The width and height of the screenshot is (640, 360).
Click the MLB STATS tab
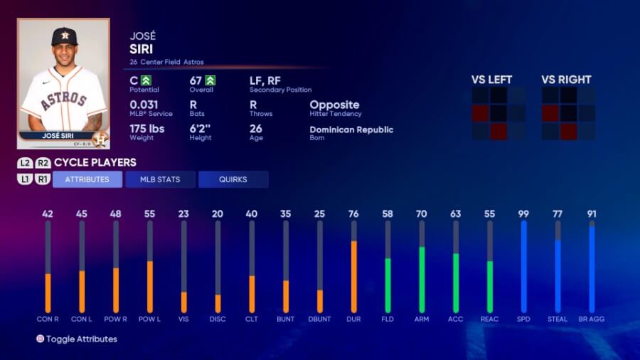161,179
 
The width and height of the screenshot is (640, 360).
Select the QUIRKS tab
233,179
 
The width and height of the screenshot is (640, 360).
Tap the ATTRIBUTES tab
87,179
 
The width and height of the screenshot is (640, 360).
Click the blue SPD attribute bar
523,267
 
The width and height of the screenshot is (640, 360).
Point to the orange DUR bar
353,277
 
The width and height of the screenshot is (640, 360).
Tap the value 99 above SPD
523,213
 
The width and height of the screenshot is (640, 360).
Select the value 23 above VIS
184,213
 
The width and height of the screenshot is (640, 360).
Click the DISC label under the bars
218,319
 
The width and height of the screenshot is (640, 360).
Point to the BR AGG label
592,319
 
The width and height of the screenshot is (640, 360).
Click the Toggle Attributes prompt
81,339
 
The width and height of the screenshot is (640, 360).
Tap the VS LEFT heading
491,80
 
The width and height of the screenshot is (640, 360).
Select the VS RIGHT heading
566,80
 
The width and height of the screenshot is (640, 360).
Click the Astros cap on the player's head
64,36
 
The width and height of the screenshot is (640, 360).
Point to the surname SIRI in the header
142,49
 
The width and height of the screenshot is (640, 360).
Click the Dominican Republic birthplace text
351,129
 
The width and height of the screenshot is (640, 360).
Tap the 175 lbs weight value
147,129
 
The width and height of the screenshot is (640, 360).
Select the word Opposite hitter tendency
334,105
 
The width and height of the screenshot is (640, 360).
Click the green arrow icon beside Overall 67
210,80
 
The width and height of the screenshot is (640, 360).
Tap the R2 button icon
43,163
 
